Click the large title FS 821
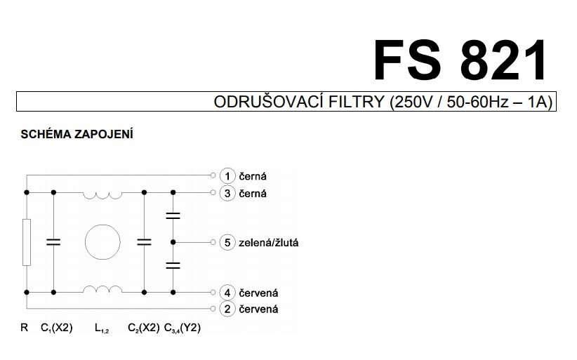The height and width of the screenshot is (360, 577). (x=460, y=61)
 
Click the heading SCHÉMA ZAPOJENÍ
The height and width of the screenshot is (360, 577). (x=77, y=134)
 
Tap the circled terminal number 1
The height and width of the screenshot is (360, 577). (x=227, y=175)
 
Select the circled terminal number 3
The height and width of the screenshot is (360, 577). (x=227, y=193)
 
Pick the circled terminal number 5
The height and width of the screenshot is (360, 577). (x=227, y=243)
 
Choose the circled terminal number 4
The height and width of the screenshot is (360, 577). (x=227, y=292)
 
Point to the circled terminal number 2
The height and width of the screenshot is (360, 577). (x=227, y=309)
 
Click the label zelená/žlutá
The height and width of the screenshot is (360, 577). (x=270, y=243)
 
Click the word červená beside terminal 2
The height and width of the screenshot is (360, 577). (x=259, y=309)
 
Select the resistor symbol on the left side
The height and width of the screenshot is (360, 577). (x=27, y=242)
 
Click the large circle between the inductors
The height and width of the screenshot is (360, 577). (x=102, y=243)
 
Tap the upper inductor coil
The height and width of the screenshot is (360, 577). (x=102, y=194)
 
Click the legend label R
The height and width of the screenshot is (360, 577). (x=25, y=328)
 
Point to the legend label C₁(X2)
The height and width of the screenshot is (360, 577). (x=57, y=328)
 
